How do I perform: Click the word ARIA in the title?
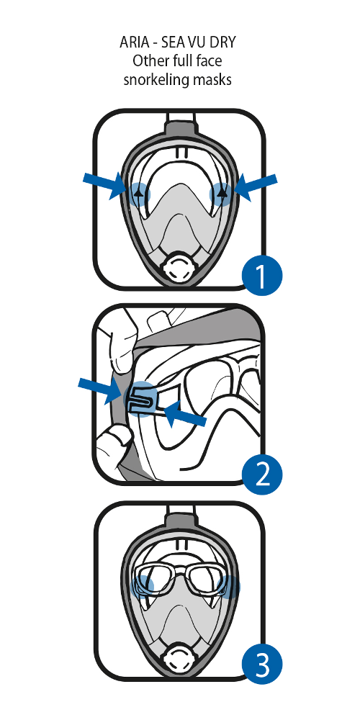135,42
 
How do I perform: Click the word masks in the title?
212,79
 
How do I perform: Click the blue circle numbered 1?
262,276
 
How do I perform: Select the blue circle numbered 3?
262,664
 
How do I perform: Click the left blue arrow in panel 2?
101,390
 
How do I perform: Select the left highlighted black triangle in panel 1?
140,192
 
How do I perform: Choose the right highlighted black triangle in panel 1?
221,193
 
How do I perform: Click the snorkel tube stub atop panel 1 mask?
180,126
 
